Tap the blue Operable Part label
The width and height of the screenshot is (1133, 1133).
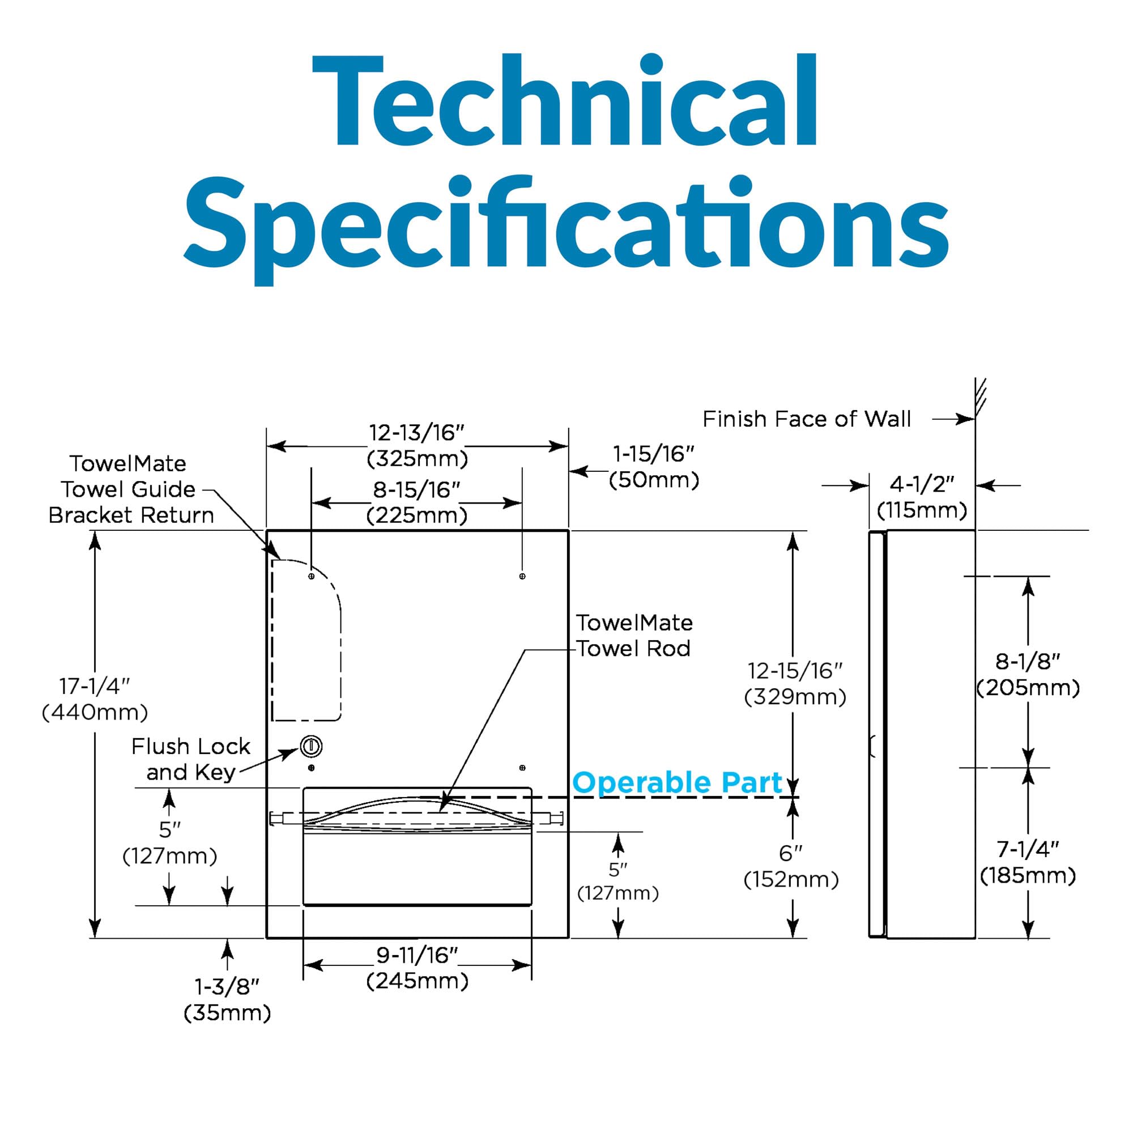click(678, 783)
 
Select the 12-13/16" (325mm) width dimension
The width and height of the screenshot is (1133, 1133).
click(417, 446)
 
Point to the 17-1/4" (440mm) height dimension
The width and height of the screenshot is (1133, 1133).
click(95, 699)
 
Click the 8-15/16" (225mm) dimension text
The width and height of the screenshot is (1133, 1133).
click(417, 502)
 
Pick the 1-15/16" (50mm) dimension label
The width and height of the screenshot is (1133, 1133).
click(654, 467)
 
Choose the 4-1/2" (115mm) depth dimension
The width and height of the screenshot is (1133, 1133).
click(922, 497)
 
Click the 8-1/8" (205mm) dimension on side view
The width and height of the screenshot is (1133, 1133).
click(1028, 674)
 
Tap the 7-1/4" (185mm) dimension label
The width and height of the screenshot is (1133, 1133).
click(1028, 862)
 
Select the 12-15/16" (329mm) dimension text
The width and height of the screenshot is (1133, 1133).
click(795, 684)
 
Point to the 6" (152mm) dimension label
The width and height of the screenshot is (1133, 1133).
click(791, 866)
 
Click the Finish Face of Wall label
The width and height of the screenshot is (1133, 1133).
click(806, 419)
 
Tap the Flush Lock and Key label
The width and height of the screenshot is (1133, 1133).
click(190, 760)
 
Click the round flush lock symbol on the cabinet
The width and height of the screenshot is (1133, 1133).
click(312, 747)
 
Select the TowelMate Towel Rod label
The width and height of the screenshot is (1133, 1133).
click(634, 636)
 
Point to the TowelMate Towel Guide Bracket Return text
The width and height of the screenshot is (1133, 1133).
click(131, 489)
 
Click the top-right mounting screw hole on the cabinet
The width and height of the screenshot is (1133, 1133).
click(522, 577)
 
